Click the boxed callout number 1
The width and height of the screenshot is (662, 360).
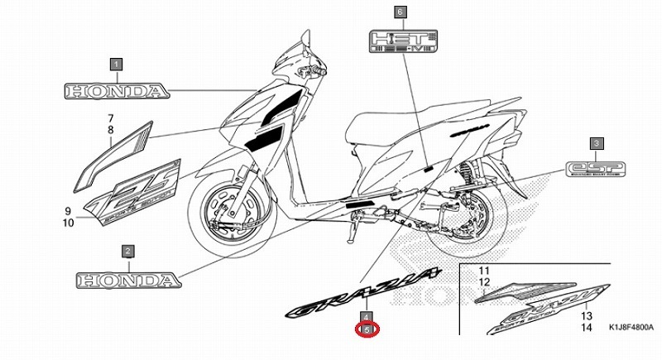[116, 64]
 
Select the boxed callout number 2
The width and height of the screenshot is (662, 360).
[127, 250]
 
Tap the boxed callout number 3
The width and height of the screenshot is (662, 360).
[597, 144]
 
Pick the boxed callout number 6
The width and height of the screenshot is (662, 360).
[401, 12]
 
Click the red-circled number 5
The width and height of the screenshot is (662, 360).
[368, 329]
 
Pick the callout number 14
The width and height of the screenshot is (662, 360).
[586, 328]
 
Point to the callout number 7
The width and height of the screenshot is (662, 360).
[109, 118]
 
